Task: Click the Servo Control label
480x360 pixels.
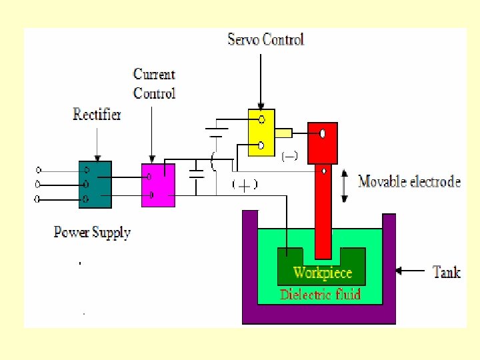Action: tap(265, 39)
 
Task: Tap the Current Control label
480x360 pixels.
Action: tap(154, 84)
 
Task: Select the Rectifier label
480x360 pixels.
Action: tap(97, 115)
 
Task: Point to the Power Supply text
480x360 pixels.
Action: tap(92, 233)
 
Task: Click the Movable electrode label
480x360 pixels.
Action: tap(409, 181)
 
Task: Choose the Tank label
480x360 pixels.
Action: tap(447, 271)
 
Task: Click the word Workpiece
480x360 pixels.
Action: tap(323, 273)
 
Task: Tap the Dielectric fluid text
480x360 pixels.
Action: tap(321, 293)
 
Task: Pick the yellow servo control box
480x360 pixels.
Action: tap(261, 133)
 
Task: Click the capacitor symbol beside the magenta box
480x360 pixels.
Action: tap(197, 175)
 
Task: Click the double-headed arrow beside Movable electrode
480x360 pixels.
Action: tap(344, 186)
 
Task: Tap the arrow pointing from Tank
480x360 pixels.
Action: tap(411, 271)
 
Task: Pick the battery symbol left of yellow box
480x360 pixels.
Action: tap(214, 131)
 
